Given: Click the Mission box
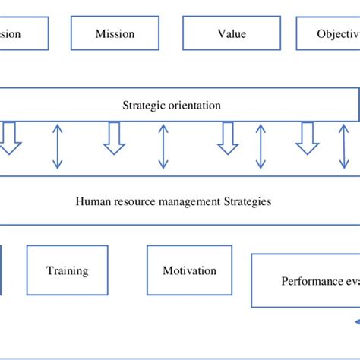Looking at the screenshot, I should click(x=115, y=34).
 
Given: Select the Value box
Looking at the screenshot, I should click(x=226, y=34).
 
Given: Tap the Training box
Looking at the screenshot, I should click(x=67, y=270).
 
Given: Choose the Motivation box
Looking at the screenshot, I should click(x=189, y=270).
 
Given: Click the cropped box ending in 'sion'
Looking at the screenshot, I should click(x=23, y=34).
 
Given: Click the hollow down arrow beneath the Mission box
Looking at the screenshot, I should click(x=114, y=138).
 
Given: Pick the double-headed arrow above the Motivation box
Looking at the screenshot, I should click(x=163, y=146).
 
